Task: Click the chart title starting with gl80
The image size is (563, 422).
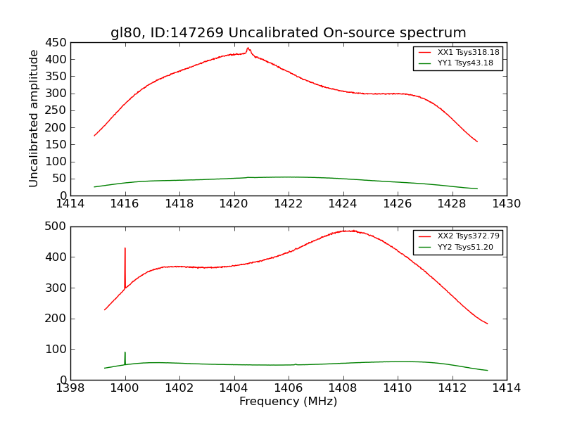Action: [x=288, y=32]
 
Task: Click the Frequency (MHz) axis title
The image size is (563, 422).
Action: [x=288, y=402]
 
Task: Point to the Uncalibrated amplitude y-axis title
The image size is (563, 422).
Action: [x=34, y=118]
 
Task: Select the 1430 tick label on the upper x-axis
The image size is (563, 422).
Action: [x=506, y=204]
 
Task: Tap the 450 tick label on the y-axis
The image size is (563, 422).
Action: [x=56, y=42]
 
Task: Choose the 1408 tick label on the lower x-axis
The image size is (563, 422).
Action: [x=343, y=388]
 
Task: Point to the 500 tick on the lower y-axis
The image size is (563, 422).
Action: [x=56, y=226]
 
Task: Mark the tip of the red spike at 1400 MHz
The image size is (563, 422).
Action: [x=125, y=248]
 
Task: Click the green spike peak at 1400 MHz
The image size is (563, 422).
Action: [x=125, y=352]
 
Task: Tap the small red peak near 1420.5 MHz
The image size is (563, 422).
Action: [x=248, y=48]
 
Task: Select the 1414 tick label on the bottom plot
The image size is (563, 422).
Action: [x=506, y=388]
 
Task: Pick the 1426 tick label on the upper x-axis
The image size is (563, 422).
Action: [x=397, y=204]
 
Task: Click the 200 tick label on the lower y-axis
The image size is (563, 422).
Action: [x=56, y=319]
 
